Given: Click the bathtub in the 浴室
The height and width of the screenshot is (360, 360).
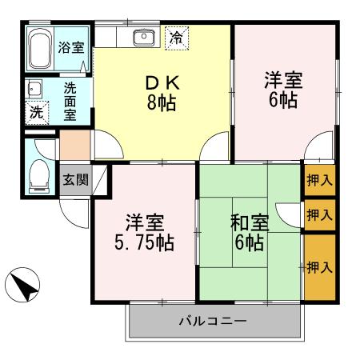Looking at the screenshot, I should tap(40, 50).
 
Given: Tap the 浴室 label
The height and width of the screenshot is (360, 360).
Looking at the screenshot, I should tap(70, 47).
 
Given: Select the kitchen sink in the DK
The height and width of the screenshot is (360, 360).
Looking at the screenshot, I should tap(144, 36).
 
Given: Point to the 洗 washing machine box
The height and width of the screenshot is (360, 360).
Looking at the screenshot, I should tap(37, 113).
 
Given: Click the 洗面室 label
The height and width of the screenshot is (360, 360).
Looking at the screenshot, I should tap(70, 102).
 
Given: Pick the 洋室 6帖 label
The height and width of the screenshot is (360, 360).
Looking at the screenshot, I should tap(285, 90).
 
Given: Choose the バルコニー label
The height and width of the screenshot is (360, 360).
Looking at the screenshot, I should tap(212, 322).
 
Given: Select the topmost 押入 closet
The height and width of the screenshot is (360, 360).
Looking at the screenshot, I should tap(319, 181).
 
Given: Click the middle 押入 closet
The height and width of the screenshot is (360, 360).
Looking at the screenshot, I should tap(319, 215).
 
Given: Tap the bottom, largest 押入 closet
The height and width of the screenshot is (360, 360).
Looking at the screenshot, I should tap(319, 266).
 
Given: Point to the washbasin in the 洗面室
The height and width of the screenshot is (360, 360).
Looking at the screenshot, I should tap(34, 90).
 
